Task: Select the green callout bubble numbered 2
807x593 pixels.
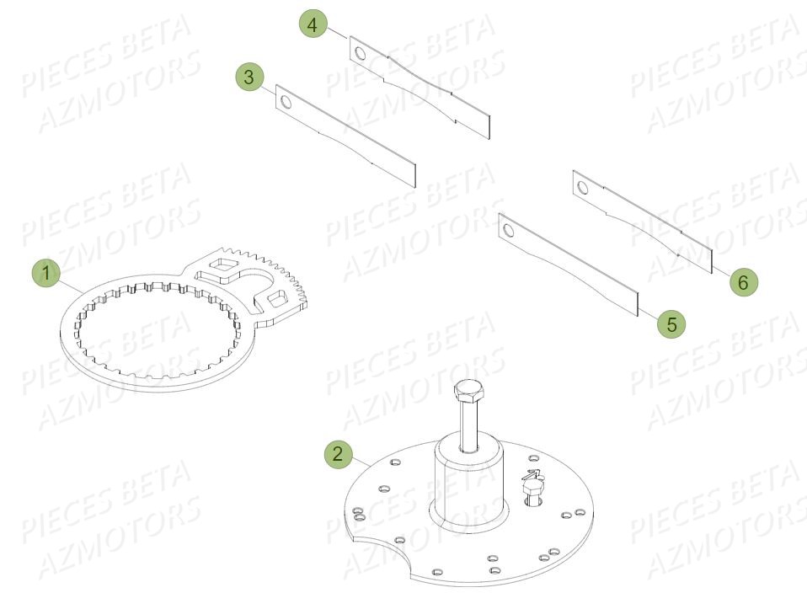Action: pyautogui.click(x=338, y=455)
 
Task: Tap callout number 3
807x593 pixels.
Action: pyautogui.click(x=249, y=77)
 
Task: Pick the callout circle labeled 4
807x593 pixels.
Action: pyautogui.click(x=313, y=25)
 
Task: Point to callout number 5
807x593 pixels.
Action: pyautogui.click(x=671, y=322)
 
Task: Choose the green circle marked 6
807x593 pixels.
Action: pyautogui.click(x=742, y=282)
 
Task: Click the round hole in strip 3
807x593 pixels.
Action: pyautogui.click(x=286, y=103)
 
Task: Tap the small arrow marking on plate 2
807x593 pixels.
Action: pyautogui.click(x=532, y=474)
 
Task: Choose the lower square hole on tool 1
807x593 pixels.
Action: pyautogui.click(x=275, y=299)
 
